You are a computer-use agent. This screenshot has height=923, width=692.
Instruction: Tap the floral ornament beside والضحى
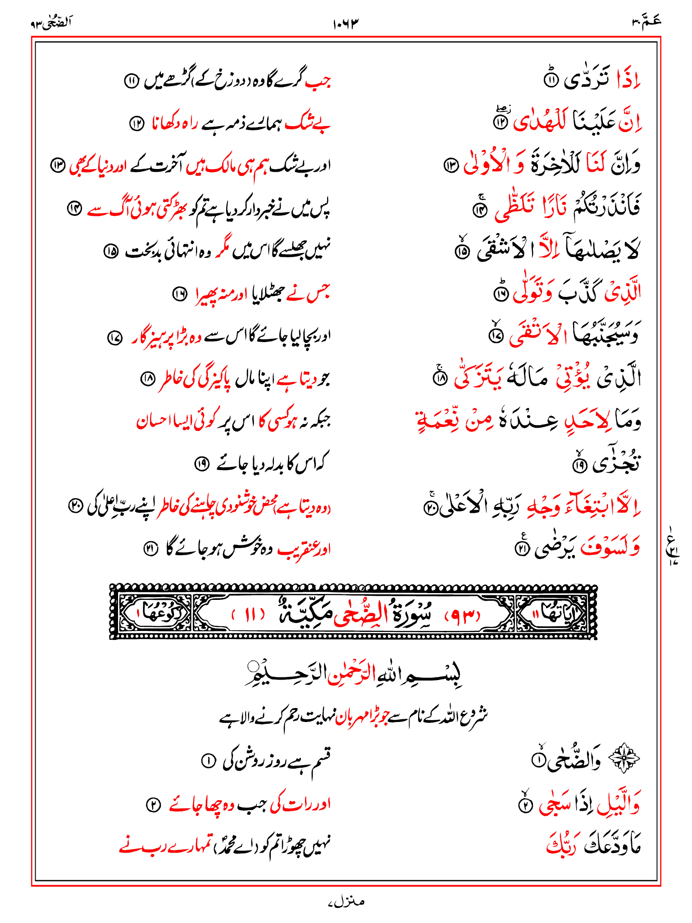[x=624, y=759]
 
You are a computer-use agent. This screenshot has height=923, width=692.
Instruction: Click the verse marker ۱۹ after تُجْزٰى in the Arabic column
[x=579, y=465]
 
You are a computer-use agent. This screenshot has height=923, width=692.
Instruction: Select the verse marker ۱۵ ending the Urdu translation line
[x=111, y=251]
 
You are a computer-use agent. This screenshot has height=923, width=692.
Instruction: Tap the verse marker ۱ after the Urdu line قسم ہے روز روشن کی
[x=208, y=761]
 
